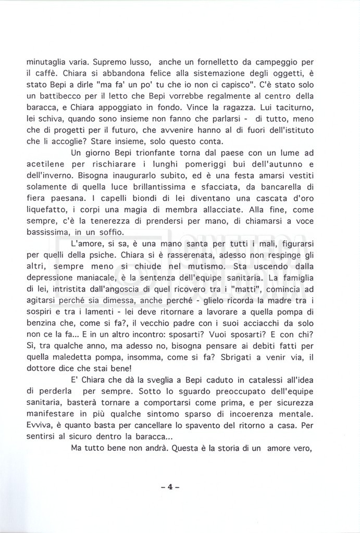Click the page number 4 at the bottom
point(170,487)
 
